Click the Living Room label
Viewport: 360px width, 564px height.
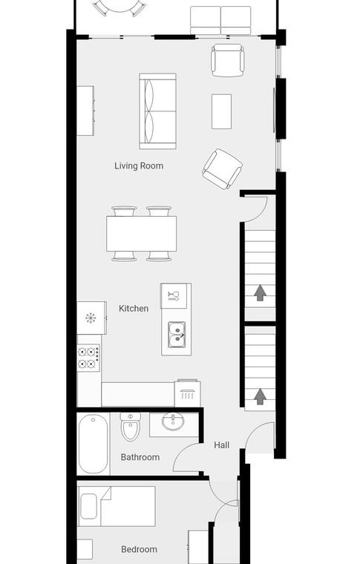139,165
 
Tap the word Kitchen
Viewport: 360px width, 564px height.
134,308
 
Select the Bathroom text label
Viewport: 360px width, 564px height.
140,457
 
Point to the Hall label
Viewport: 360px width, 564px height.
221,445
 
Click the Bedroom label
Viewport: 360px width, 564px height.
140,549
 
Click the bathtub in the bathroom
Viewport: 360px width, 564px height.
93,444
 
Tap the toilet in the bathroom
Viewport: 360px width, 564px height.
130,427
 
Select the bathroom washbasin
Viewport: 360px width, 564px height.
174,422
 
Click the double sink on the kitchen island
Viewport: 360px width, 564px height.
177,335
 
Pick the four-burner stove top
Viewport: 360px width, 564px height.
88,358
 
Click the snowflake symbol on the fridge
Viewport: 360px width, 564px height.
91,318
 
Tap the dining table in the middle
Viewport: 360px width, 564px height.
141,234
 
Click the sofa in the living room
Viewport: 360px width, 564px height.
157,111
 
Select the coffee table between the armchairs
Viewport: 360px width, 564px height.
221,111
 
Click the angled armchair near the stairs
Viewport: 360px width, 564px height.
222,169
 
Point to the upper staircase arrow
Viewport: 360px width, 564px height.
260,293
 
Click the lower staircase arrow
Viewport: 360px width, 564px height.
260,397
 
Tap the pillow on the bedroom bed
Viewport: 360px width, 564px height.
88,506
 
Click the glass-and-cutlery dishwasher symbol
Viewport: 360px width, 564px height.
174,295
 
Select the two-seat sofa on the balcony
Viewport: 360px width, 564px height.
220,21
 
